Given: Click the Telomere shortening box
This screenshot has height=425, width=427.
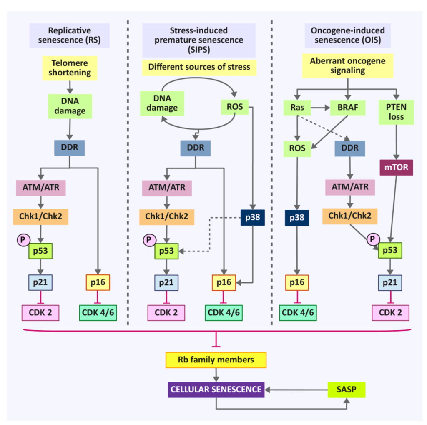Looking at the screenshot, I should (x=70, y=68).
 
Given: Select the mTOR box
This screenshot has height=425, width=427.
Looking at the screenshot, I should (x=396, y=168).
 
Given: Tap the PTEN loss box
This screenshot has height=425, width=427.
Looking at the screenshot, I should (x=396, y=112).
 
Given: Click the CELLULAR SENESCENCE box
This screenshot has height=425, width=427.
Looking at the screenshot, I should (x=216, y=390).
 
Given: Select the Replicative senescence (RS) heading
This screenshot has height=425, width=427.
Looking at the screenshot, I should (x=70, y=35).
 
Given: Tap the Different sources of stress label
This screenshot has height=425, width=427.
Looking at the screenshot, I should (x=199, y=67).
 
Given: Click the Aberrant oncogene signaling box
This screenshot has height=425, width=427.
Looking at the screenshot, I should (x=347, y=66).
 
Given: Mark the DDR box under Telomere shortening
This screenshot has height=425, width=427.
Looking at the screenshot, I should (x=70, y=148).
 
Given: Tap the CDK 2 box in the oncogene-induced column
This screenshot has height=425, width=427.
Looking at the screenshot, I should (x=390, y=312).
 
